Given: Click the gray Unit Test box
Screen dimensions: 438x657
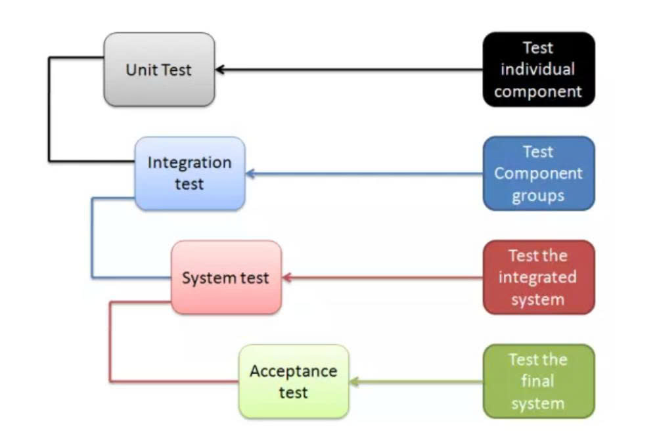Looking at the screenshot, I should tap(159, 70).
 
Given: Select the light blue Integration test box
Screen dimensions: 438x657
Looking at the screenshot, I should tap(189, 173).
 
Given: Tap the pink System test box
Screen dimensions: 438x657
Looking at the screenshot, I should tap(226, 277).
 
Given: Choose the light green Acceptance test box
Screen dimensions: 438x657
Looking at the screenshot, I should tap(293, 382).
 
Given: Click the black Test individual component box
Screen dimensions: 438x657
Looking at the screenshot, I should tap(538, 70).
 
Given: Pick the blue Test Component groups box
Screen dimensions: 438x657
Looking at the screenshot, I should tap(538, 173).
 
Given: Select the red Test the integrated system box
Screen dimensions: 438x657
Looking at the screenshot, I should tap(538, 277).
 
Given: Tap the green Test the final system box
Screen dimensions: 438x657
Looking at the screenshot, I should tap(538, 382).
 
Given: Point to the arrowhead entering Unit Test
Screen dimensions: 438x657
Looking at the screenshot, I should tap(220, 70).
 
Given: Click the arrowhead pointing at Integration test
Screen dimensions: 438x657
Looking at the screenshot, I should tap(250, 174).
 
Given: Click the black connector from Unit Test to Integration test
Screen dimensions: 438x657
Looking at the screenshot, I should tap(49, 112).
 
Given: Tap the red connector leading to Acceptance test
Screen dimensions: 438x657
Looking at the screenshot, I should tap(110, 341).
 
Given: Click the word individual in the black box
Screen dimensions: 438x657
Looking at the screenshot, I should tap(538, 70).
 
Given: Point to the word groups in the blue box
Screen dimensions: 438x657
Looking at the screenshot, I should tap(538, 196).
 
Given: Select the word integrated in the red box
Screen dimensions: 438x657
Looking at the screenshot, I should tap(537, 277).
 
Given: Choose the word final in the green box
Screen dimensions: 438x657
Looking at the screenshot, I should tap(538, 382).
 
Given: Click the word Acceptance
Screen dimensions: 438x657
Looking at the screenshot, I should tap(293, 371).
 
